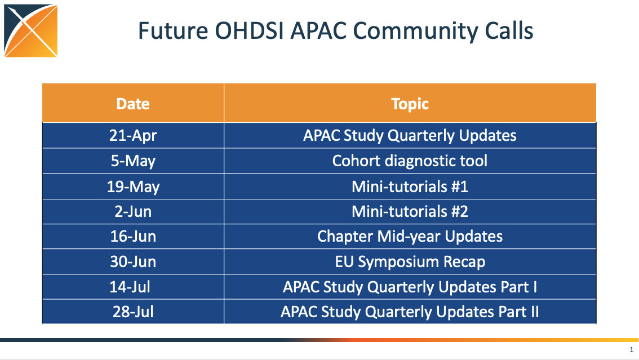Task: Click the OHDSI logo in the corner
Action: [x=31, y=30]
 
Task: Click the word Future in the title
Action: [x=173, y=31]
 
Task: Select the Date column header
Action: [x=133, y=104]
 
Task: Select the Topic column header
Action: [x=410, y=104]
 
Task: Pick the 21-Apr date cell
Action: [x=133, y=136]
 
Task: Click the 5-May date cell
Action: [x=133, y=161]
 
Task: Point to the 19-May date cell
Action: [x=133, y=186]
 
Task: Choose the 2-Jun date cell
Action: [x=133, y=212]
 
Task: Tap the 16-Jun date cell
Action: [x=133, y=237]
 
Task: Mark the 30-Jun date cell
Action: [x=133, y=262]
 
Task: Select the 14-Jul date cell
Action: [x=130, y=287]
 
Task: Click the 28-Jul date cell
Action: [x=133, y=312]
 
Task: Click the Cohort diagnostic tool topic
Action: [x=410, y=161]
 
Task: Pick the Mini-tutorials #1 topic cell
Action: [x=410, y=186]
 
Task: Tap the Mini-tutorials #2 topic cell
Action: [x=410, y=212]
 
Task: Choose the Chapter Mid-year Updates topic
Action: [x=410, y=237]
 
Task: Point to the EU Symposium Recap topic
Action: [x=410, y=262]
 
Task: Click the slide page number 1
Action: [x=632, y=350]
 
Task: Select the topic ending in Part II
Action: [x=410, y=312]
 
